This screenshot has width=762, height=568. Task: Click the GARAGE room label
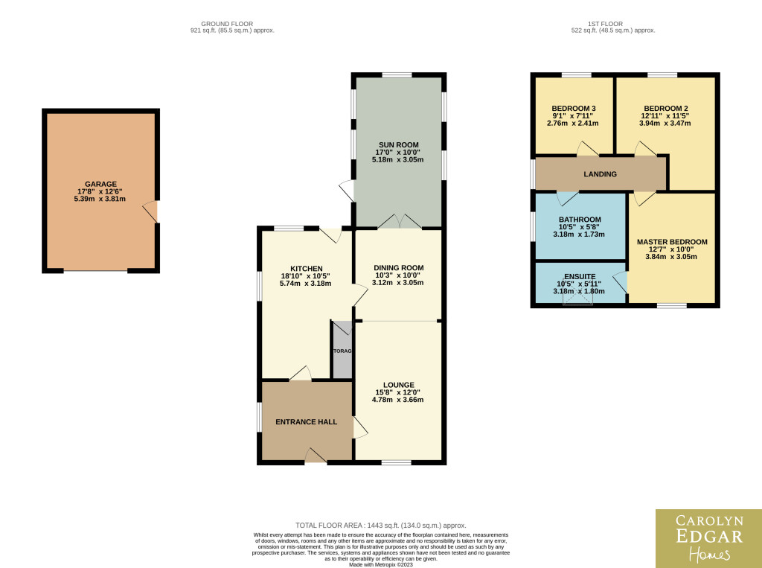point(100,184)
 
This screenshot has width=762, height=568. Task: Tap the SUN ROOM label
point(399,144)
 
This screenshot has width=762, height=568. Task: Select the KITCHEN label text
point(306,269)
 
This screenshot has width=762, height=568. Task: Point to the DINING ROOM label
point(399,267)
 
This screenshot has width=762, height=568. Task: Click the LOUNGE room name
point(399,385)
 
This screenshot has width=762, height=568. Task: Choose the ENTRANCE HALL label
point(306,421)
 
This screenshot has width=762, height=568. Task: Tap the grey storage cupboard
point(342,350)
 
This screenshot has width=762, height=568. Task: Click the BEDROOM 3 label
point(574,109)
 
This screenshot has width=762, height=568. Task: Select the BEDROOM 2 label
point(666,109)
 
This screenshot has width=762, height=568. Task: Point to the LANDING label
point(601,173)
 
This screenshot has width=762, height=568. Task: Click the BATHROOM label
point(580,220)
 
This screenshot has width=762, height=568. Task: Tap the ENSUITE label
point(580,276)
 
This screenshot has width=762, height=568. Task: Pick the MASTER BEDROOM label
point(672,242)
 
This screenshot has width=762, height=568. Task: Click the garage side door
point(150,211)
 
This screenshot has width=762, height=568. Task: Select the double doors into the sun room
point(400,221)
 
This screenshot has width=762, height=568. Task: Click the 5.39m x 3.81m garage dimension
point(100,199)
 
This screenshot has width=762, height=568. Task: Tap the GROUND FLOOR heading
point(227,23)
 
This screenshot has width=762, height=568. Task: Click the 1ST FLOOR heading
point(605,23)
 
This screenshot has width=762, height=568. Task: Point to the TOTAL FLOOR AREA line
point(381,526)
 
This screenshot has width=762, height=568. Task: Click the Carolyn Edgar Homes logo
point(708,538)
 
